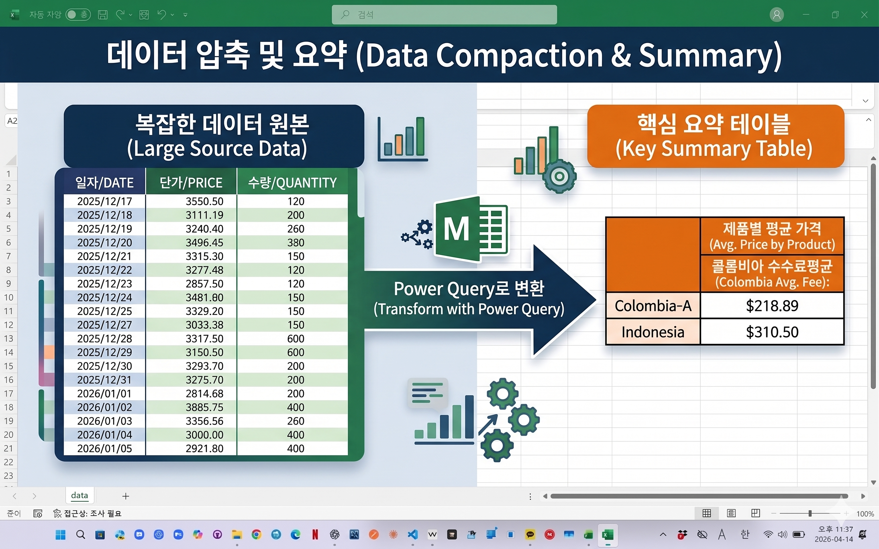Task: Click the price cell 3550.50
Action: (x=191, y=201)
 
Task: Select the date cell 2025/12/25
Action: (x=105, y=311)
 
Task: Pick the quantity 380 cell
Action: (x=292, y=243)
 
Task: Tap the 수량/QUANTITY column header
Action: (x=292, y=182)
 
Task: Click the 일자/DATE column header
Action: (x=105, y=182)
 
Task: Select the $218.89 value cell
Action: (x=772, y=306)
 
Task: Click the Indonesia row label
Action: (x=653, y=332)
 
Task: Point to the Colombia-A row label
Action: (x=653, y=306)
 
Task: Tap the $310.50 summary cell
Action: (x=772, y=332)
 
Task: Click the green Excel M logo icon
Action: (x=471, y=229)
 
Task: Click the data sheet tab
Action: (x=79, y=496)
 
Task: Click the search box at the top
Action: (x=444, y=14)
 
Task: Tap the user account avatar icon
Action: (x=777, y=14)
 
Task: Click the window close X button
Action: (x=864, y=14)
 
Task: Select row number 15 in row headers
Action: (x=8, y=366)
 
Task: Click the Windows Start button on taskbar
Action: (x=61, y=535)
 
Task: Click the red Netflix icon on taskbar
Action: (x=315, y=535)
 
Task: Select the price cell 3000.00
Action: (x=191, y=435)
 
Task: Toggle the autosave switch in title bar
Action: (x=78, y=14)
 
